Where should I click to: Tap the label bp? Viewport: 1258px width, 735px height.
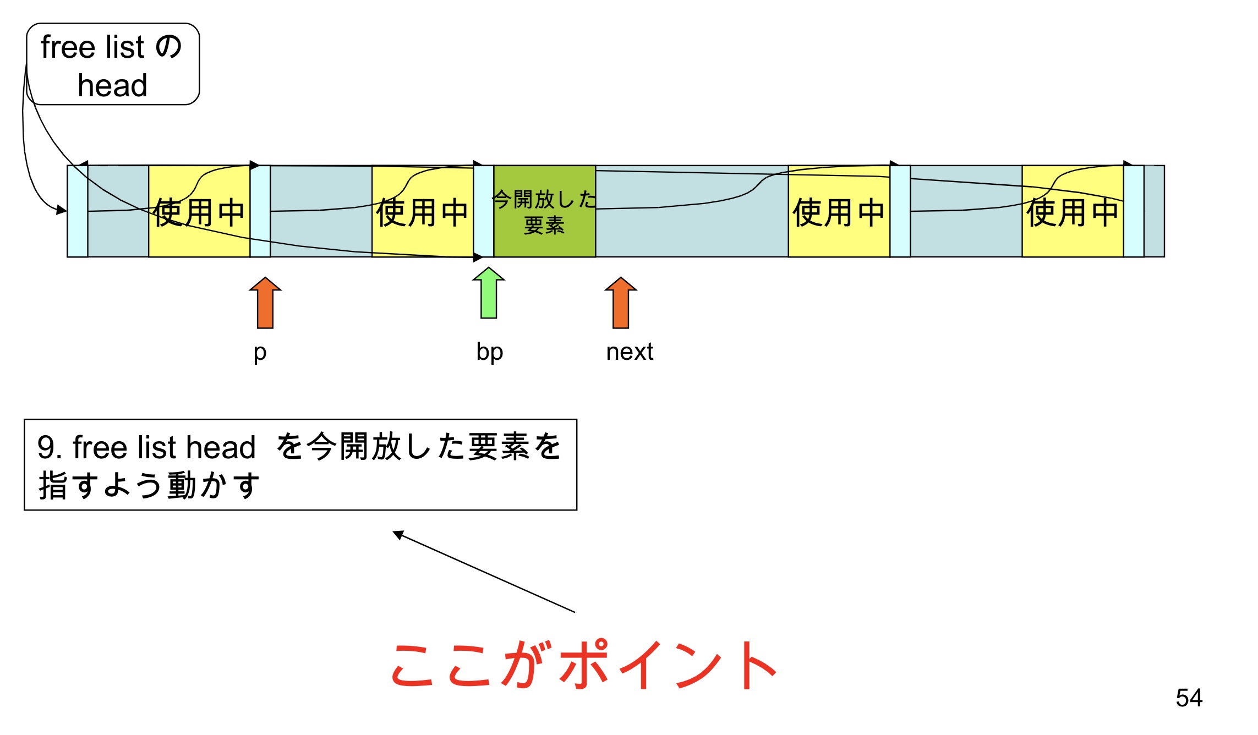(490, 352)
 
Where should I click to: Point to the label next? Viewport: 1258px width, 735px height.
(630, 352)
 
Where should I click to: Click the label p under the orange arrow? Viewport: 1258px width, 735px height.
(260, 352)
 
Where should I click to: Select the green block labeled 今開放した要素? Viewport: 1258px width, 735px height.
(544, 212)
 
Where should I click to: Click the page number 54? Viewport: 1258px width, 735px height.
(1189, 698)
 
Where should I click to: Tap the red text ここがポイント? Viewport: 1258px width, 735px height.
(583, 666)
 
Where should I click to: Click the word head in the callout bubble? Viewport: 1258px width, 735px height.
(112, 86)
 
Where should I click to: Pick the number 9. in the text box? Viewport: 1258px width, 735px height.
(50, 447)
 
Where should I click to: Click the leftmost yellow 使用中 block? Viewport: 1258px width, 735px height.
(199, 212)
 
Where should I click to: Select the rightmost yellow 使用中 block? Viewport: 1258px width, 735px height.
(1072, 212)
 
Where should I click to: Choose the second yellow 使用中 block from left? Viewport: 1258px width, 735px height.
(422, 212)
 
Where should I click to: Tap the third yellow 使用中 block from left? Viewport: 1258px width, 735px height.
(839, 212)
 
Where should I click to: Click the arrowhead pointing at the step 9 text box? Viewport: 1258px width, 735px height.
(398, 534)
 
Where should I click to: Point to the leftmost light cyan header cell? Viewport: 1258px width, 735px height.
(78, 212)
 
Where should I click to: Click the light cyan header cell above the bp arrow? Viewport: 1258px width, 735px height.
(483, 212)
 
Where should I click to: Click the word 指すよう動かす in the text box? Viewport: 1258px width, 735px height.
(149, 485)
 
